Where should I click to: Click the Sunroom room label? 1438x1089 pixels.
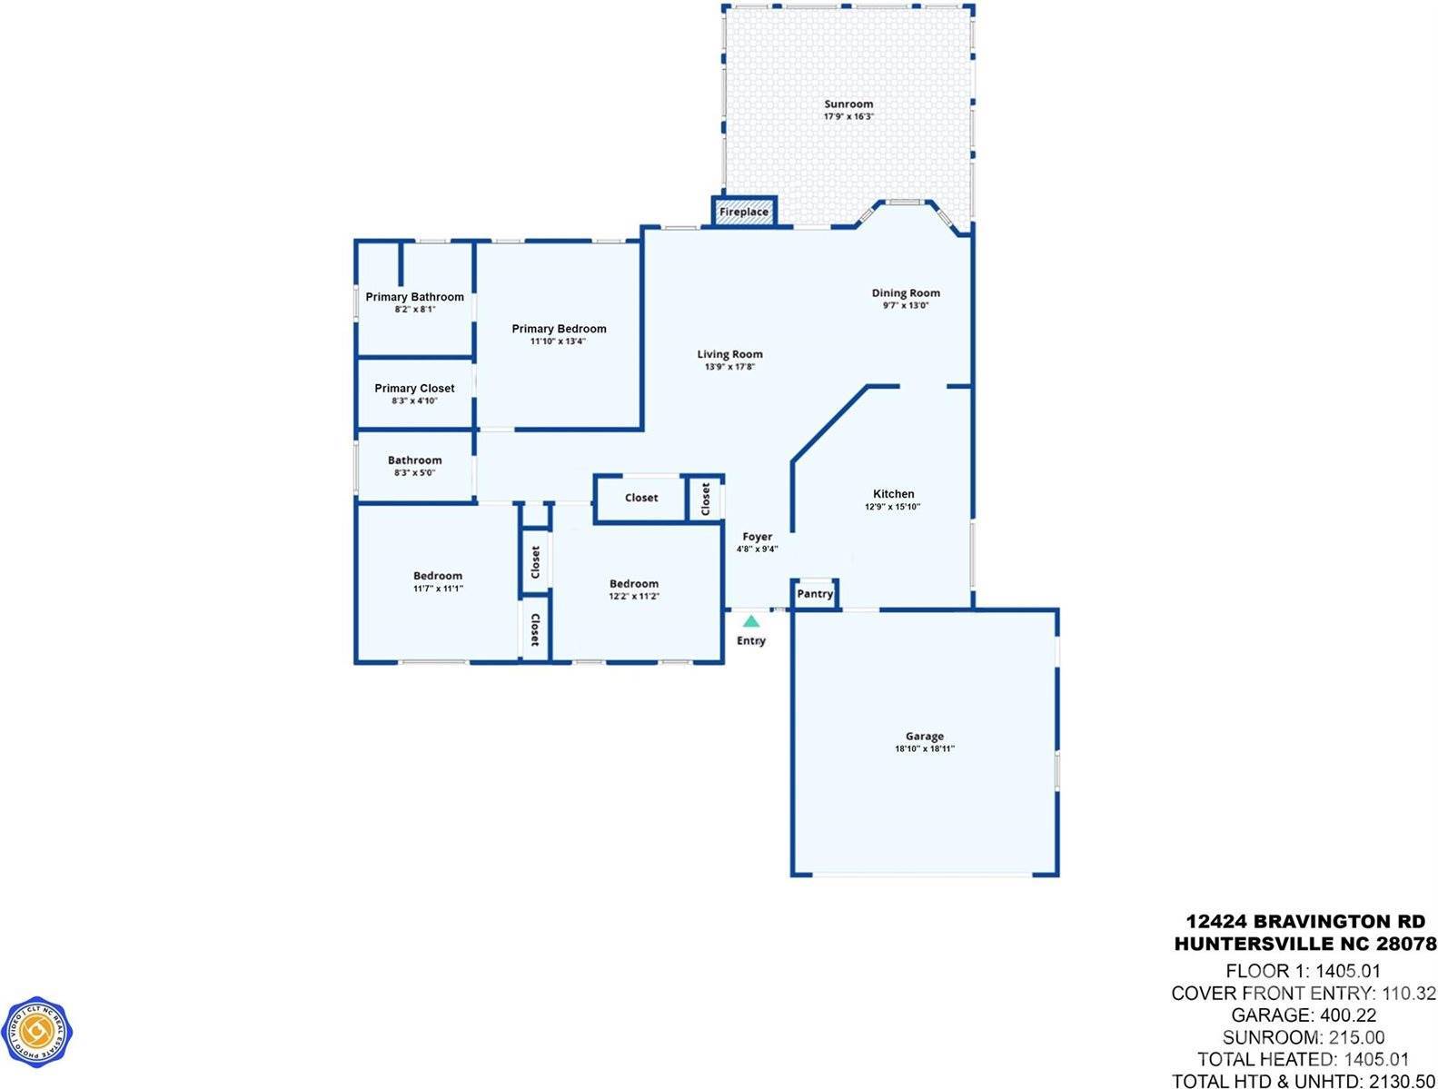coord(848,104)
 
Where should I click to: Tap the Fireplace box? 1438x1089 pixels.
coord(744,212)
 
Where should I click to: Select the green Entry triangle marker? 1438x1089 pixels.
coord(751,622)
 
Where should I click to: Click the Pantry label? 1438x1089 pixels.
coord(815,594)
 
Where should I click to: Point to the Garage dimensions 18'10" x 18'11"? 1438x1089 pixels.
coord(924,749)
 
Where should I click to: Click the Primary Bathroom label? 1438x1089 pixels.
coord(414,297)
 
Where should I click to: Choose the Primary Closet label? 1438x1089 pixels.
coord(414,388)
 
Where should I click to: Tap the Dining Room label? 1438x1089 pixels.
coord(906,292)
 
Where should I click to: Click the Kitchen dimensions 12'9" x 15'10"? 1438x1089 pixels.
coord(892,507)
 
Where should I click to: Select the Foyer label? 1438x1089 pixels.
coord(757,537)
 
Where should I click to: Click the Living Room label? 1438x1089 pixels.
coord(729,354)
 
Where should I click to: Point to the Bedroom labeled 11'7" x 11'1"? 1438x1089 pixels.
coord(437,576)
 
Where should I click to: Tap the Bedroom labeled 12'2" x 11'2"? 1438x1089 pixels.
coord(633,584)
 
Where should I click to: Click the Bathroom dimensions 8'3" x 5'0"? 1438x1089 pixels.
coord(414,472)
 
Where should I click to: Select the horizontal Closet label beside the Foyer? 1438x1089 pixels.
coord(641,498)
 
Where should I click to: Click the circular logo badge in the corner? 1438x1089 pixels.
coord(37,1032)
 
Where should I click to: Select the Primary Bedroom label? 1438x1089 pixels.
coord(559,329)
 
